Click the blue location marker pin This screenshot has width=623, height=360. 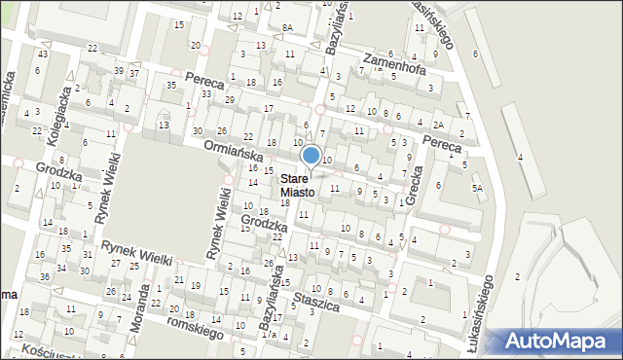[x=311, y=155]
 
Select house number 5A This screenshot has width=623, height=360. [x=477, y=188]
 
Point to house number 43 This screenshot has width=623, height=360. [x=43, y=54]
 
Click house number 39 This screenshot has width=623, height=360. [x=119, y=71]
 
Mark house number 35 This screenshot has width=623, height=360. [x=171, y=86]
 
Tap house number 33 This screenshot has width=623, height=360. [x=205, y=93]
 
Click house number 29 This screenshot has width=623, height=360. [x=230, y=100]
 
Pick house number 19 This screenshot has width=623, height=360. [x=196, y=285]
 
